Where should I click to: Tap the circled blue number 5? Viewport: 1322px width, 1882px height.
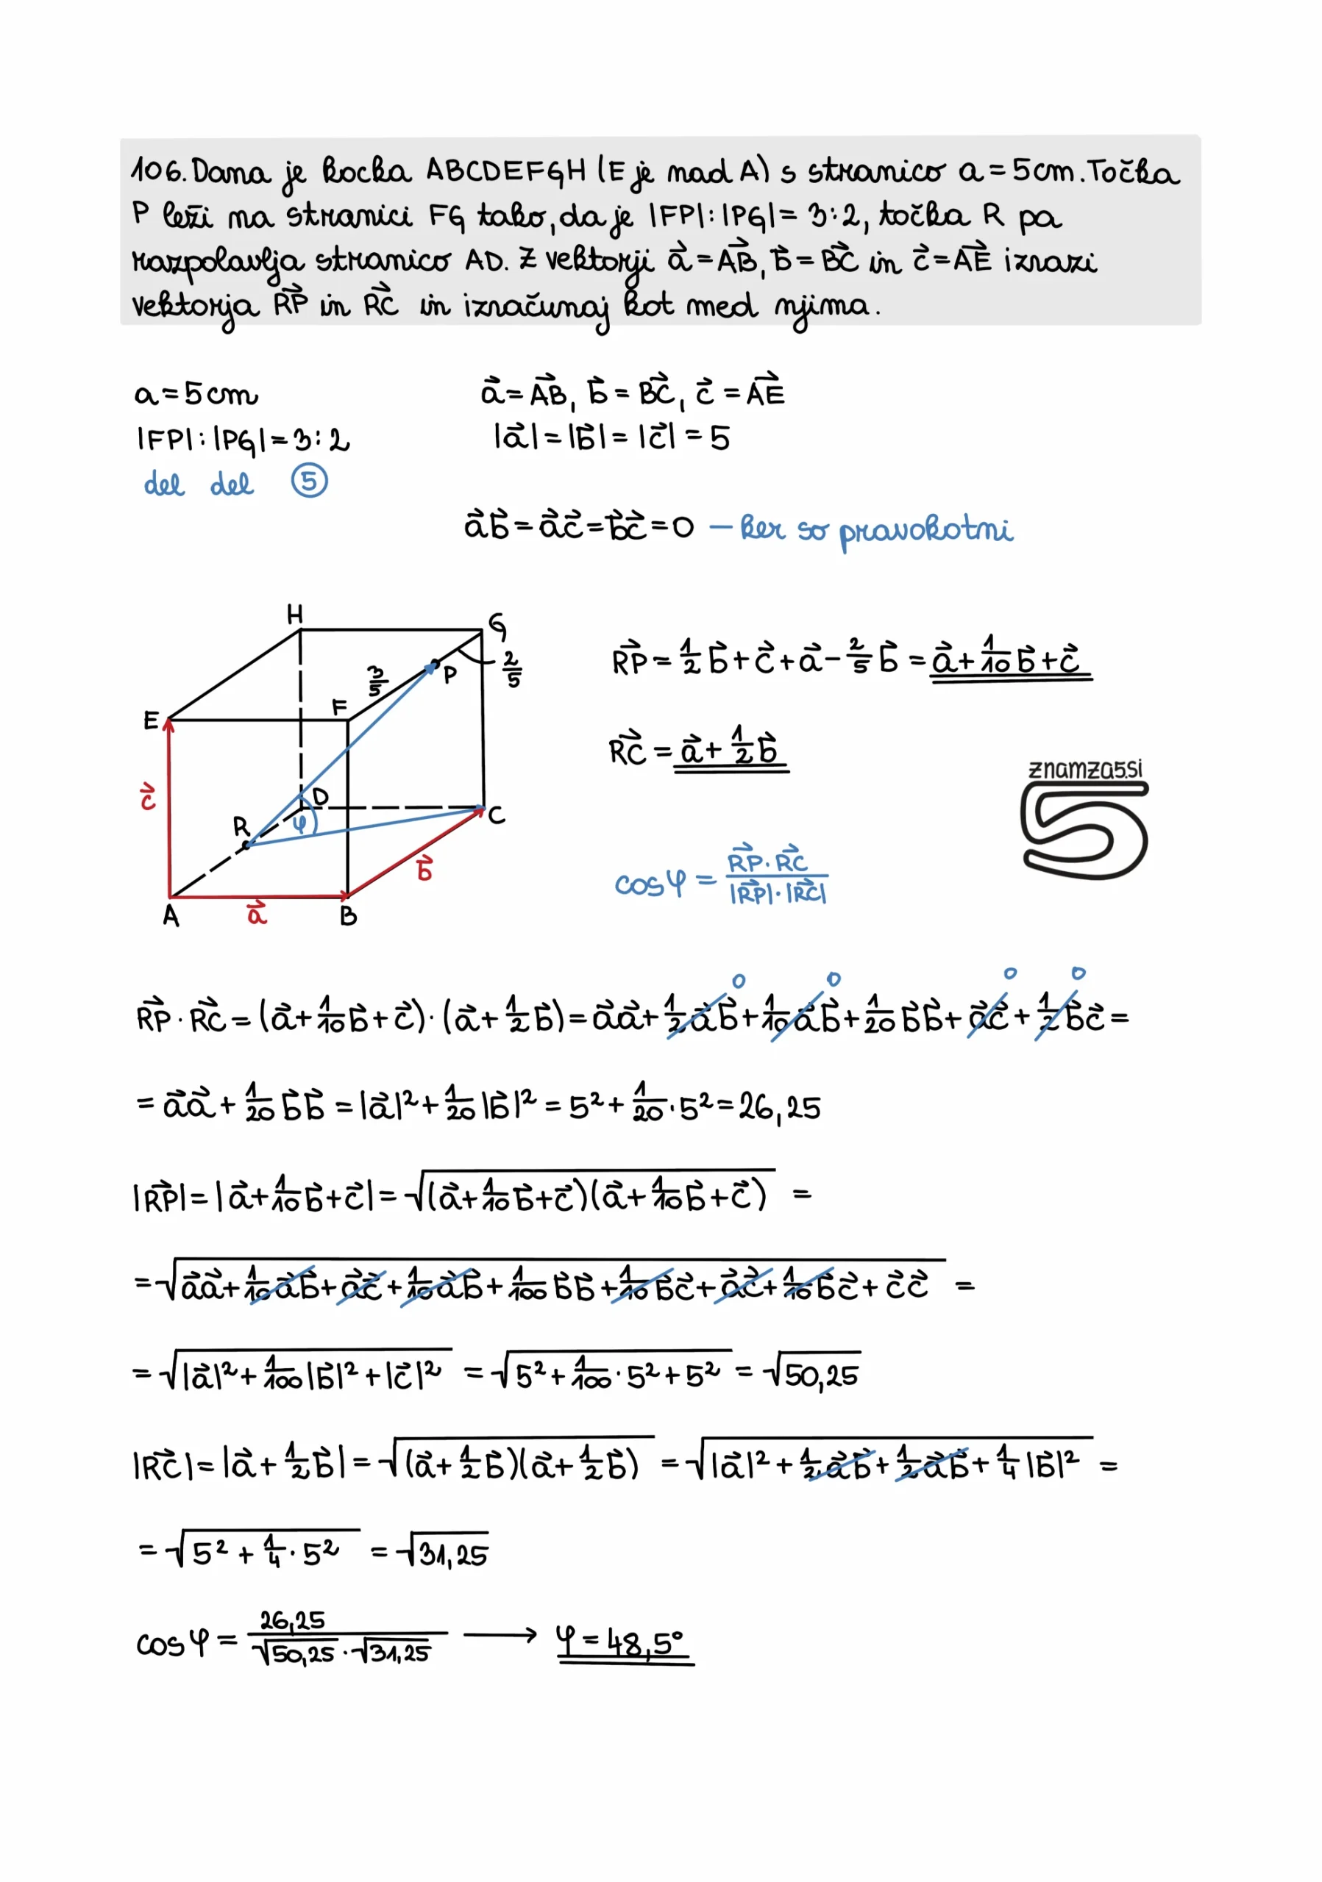tap(309, 481)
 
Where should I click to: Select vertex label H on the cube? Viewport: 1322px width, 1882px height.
tap(295, 614)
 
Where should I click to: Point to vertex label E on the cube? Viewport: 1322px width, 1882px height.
tap(151, 720)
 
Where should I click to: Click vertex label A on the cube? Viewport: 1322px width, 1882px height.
tap(171, 915)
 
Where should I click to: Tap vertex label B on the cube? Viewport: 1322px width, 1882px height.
tap(349, 917)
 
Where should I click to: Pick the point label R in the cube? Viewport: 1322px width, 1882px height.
tap(241, 826)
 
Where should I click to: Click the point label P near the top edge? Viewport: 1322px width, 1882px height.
tap(449, 676)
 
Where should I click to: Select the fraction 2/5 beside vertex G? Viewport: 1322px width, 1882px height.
tap(513, 669)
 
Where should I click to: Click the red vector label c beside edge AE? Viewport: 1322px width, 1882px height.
tap(148, 796)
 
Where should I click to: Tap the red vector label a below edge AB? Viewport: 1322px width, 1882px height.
tap(257, 912)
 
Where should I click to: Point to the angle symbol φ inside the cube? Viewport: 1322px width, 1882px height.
tap(301, 821)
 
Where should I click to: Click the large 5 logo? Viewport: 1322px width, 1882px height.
tap(1084, 829)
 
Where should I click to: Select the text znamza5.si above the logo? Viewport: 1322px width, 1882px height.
tap(1084, 769)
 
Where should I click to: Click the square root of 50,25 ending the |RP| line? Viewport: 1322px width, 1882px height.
tap(812, 1374)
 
